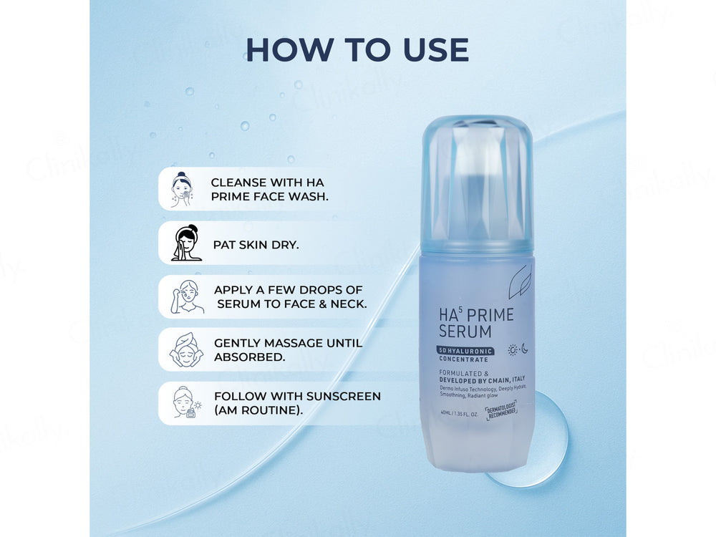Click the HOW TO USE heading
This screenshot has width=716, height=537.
[x=357, y=49]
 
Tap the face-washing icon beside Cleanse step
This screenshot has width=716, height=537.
[x=182, y=189]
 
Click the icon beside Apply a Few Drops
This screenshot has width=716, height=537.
[x=186, y=297]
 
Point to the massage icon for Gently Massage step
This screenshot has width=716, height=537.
[x=185, y=350]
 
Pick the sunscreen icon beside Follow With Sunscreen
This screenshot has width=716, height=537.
[x=186, y=403]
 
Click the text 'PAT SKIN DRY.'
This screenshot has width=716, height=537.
[x=256, y=244]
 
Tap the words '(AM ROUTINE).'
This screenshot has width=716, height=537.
[x=258, y=410]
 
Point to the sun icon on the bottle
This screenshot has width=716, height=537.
[x=512, y=349]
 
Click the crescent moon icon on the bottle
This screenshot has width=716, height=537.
[x=524, y=349]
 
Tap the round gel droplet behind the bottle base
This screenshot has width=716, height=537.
[x=548, y=444]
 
